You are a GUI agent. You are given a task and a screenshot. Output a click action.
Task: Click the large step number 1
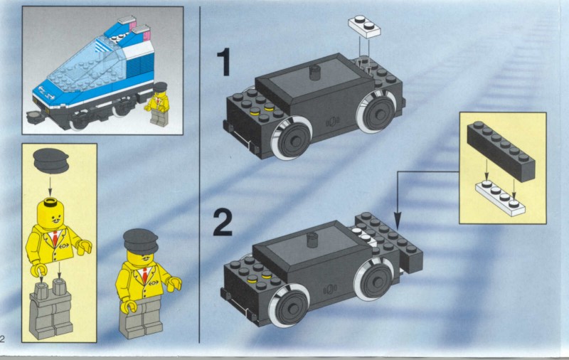(x=225, y=62)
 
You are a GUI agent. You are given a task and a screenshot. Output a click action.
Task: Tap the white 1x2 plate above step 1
(x=364, y=26)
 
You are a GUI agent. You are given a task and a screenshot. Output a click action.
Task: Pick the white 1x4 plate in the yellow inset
(x=500, y=197)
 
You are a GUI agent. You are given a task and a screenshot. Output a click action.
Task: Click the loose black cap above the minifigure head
(x=50, y=160)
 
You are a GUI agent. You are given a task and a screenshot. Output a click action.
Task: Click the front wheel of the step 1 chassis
(x=292, y=138)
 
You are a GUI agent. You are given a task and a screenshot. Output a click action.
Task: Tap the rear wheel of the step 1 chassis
(x=376, y=111)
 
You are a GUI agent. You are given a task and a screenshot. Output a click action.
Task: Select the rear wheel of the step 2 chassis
(x=374, y=280)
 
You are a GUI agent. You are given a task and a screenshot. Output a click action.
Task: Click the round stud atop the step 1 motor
(x=316, y=73)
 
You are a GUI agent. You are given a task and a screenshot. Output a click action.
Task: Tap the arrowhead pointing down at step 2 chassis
(x=398, y=221)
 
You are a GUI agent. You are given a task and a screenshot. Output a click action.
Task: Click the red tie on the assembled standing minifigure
(x=145, y=275)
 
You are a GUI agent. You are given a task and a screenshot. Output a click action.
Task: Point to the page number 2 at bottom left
(x=2, y=339)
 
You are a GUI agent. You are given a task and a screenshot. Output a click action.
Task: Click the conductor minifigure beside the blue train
(x=158, y=104)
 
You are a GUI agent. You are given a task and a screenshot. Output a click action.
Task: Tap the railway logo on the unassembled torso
(x=64, y=245)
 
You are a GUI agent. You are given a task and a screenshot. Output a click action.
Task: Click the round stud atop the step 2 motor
(x=312, y=240)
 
